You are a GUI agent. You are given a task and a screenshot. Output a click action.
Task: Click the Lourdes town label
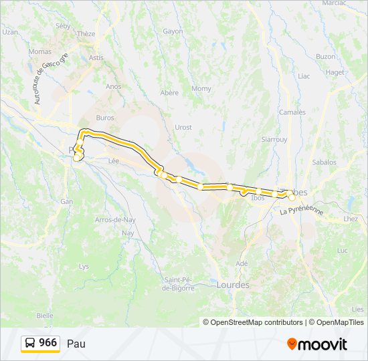point(233,285)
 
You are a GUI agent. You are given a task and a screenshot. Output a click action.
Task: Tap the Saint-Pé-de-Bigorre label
point(178,283)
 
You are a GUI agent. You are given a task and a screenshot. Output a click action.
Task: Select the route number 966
point(48,343)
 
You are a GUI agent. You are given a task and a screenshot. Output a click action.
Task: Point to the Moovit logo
point(317,344)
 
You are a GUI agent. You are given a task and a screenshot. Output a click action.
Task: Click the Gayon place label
point(173,31)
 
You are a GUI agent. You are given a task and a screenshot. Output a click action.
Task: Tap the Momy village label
point(201,89)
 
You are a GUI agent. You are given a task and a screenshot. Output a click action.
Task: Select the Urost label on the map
point(183,127)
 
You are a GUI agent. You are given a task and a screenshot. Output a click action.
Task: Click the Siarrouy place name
point(274,140)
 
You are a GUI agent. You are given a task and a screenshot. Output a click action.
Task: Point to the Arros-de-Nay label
point(116,219)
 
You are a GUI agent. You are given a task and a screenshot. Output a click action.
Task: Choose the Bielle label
point(45,315)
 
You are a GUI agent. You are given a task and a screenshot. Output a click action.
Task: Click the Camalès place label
point(292,112)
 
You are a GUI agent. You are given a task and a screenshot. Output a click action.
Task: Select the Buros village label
point(105,118)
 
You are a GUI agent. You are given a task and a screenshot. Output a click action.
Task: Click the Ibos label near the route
point(257,198)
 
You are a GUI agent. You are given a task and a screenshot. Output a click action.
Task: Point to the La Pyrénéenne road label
point(302,211)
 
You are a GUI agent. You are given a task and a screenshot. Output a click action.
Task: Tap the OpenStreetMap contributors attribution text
point(253,322)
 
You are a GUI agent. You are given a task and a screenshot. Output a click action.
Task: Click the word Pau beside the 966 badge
point(76,344)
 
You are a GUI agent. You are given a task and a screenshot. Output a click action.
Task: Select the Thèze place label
point(86,33)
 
